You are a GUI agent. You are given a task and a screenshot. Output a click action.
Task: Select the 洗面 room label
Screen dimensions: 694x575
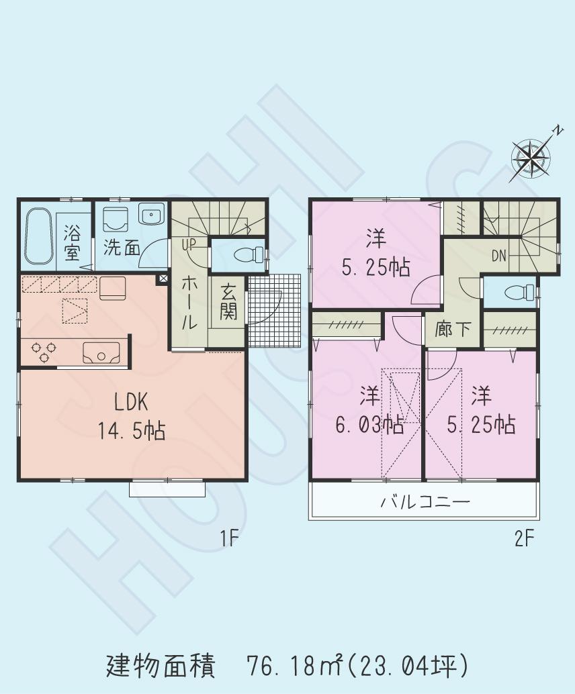(122, 248)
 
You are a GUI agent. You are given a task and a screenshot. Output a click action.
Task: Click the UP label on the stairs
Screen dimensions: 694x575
(187, 244)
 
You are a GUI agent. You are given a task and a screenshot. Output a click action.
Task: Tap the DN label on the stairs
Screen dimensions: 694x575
(499, 256)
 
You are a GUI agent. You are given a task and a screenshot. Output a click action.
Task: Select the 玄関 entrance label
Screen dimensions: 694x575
(228, 304)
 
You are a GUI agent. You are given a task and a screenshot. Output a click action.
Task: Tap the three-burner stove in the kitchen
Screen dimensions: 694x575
(44, 352)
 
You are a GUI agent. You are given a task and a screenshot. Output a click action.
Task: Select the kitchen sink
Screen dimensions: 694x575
(101, 352)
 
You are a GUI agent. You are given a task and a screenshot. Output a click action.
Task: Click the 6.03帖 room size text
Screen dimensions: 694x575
(369, 424)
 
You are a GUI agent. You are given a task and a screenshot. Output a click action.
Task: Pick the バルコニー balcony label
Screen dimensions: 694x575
(425, 501)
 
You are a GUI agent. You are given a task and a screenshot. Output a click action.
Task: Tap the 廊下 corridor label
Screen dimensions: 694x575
(453, 330)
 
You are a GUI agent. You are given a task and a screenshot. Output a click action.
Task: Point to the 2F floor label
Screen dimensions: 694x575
(525, 538)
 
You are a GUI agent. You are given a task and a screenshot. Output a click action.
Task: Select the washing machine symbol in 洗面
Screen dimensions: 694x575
(118, 219)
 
